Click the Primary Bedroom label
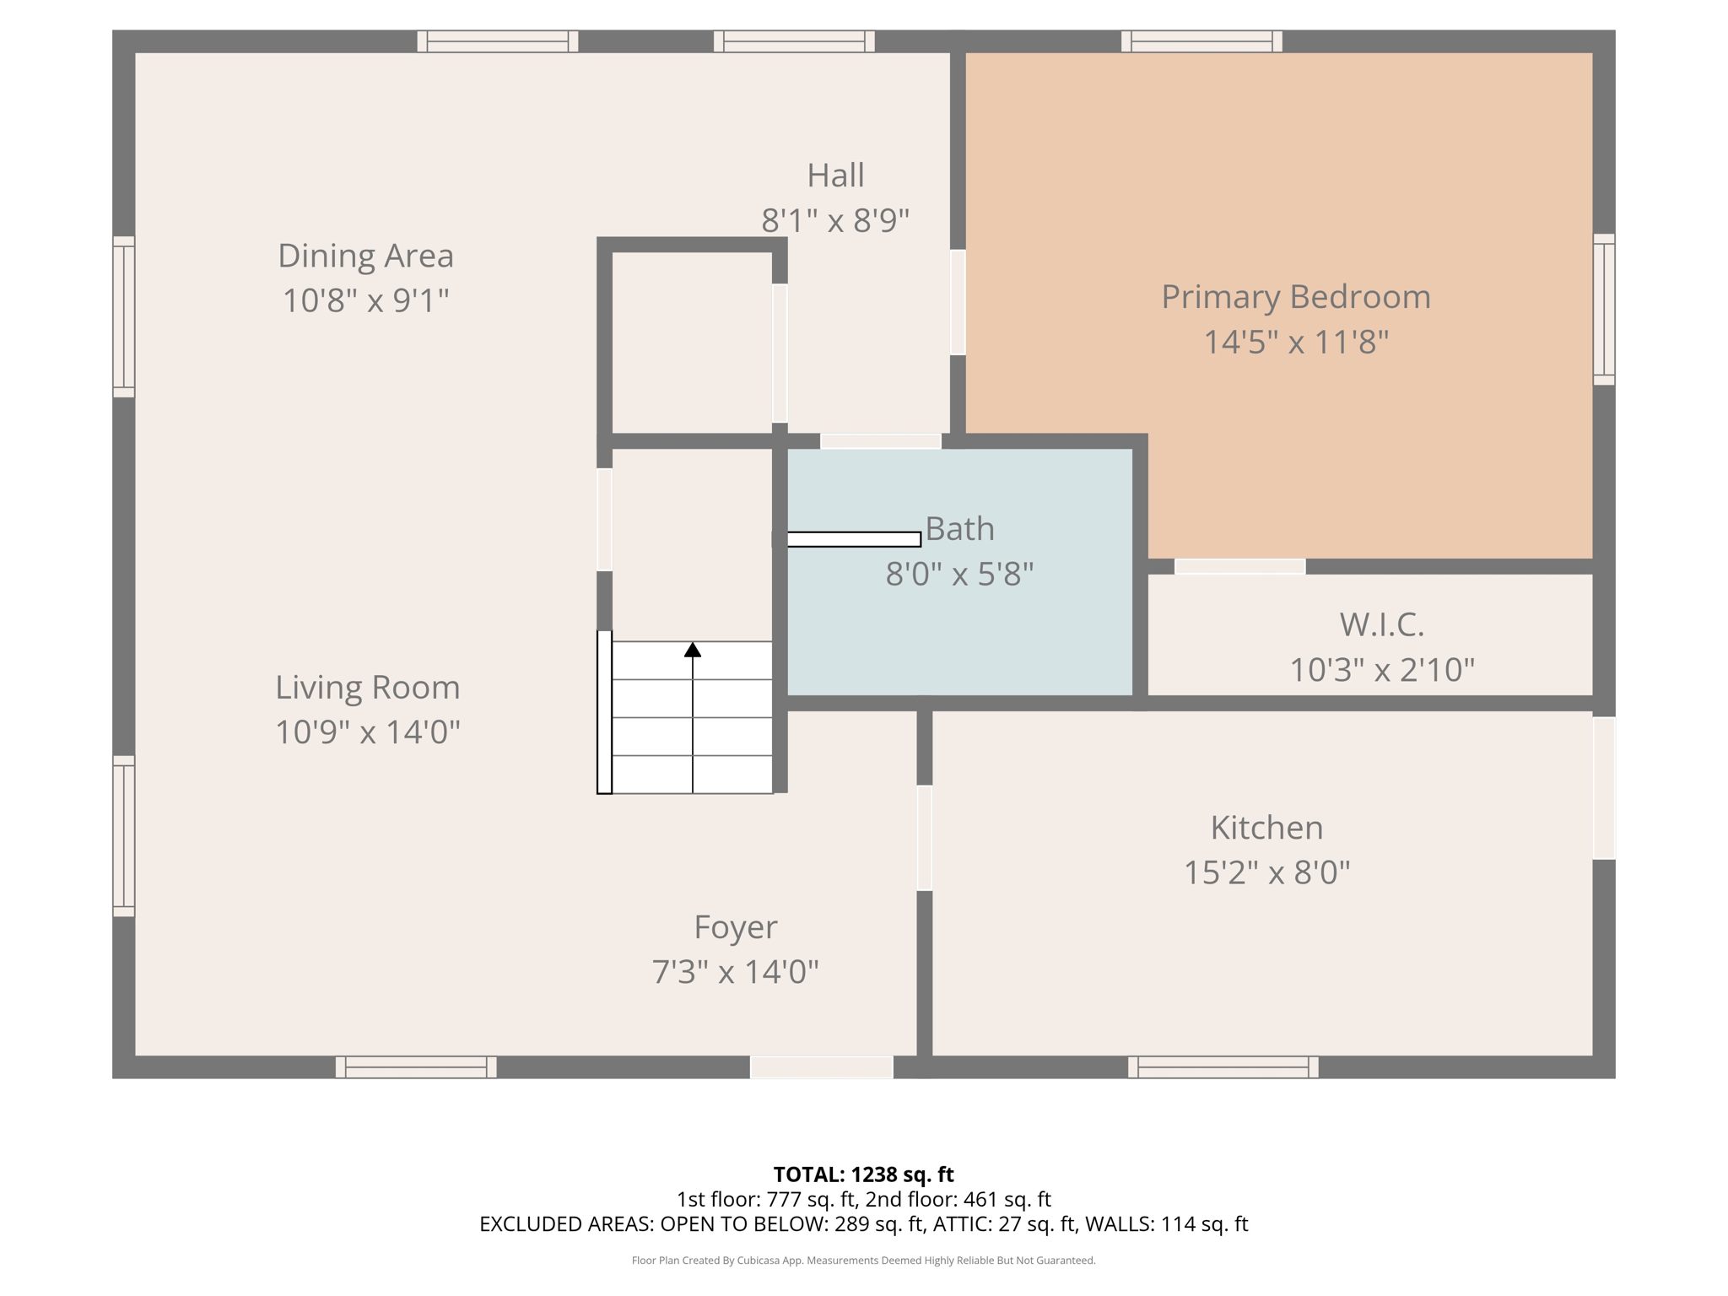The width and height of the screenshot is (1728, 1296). pos(1296,297)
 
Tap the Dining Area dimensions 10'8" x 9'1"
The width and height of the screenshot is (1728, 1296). pos(365,300)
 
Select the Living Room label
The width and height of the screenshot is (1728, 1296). pos(368,688)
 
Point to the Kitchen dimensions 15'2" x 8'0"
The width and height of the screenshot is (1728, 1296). pos(1266,872)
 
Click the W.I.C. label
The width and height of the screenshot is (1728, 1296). pos(1382,625)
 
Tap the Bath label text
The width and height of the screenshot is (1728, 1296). pos(960,529)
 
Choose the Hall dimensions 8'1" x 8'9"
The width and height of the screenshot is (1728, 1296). pos(835,221)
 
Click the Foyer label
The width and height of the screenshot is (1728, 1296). pos(736,927)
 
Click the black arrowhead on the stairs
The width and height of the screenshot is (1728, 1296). pos(693,650)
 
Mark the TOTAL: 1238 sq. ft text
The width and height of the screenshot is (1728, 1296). pos(863,1174)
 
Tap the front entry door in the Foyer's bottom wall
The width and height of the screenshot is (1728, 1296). pos(822,1067)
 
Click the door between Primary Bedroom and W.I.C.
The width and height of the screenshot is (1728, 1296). pos(1240,567)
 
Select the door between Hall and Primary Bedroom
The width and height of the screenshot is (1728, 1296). pos(958,302)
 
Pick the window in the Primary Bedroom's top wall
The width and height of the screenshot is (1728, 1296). pos(1201,41)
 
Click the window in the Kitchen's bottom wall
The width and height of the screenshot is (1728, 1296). pos(1223,1067)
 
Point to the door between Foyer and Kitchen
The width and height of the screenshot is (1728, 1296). pos(925,838)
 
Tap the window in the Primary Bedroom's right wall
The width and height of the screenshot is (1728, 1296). pos(1604,310)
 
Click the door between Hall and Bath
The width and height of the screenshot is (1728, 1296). pos(881,441)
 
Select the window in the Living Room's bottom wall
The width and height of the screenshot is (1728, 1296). pos(416,1067)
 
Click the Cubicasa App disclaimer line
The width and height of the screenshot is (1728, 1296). pos(863,1261)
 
